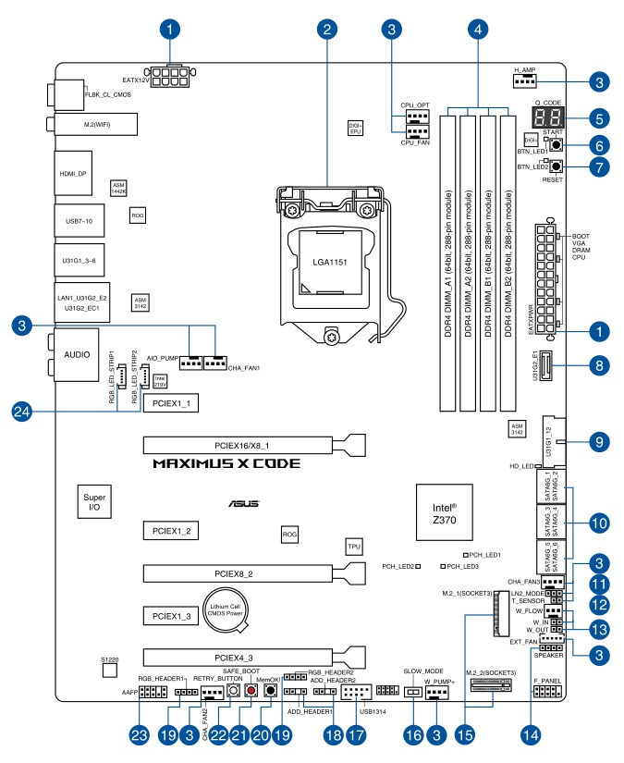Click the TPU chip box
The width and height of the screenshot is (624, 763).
353,547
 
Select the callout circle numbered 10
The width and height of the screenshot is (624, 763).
599,523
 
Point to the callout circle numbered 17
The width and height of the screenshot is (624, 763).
355,735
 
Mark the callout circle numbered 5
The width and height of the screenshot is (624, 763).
599,118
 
